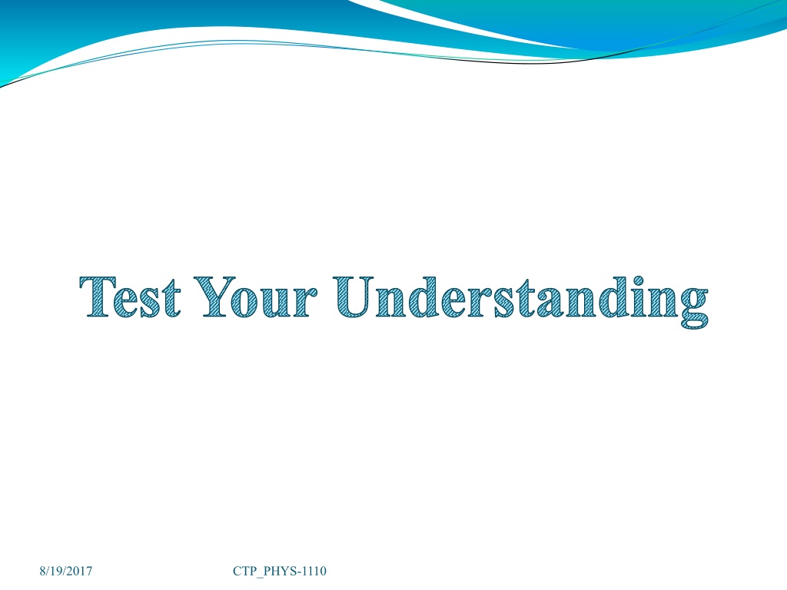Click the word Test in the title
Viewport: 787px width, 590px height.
[130, 297]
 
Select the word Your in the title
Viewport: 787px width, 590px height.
[255, 297]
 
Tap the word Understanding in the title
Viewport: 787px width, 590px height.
[520, 301]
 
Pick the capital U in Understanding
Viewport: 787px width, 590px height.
[354, 297]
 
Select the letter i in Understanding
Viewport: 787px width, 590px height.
[637, 297]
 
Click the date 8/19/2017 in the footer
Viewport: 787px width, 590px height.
[66, 571]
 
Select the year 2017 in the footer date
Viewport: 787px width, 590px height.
[79, 571]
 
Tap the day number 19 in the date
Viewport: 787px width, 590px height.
[55, 571]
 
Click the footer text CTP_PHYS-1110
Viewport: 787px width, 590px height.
[280, 571]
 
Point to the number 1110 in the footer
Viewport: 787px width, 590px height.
[314, 571]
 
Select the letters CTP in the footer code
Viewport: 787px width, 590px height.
[244, 571]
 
